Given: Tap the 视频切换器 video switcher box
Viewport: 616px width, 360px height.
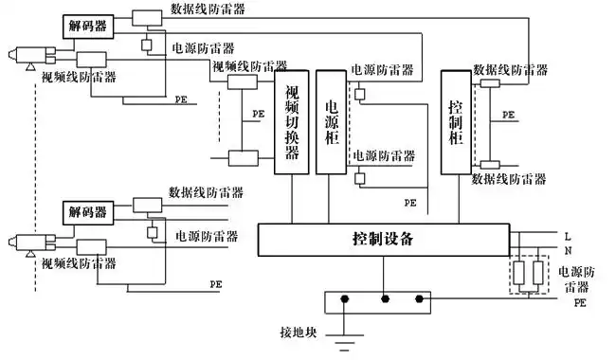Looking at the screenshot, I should click(292, 121).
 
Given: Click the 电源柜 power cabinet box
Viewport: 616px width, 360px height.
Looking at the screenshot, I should click(332, 121).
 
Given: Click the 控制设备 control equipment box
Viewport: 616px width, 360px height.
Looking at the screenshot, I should click(384, 239).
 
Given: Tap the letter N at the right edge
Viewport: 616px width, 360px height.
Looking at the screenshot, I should click(568, 250).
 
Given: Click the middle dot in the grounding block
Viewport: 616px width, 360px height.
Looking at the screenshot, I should click(383, 301).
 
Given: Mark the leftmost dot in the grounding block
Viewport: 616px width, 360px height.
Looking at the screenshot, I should click(345, 301).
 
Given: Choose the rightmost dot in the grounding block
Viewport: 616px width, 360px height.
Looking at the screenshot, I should click(420, 301).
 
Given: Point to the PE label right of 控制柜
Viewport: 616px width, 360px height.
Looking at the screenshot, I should click(509, 114).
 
